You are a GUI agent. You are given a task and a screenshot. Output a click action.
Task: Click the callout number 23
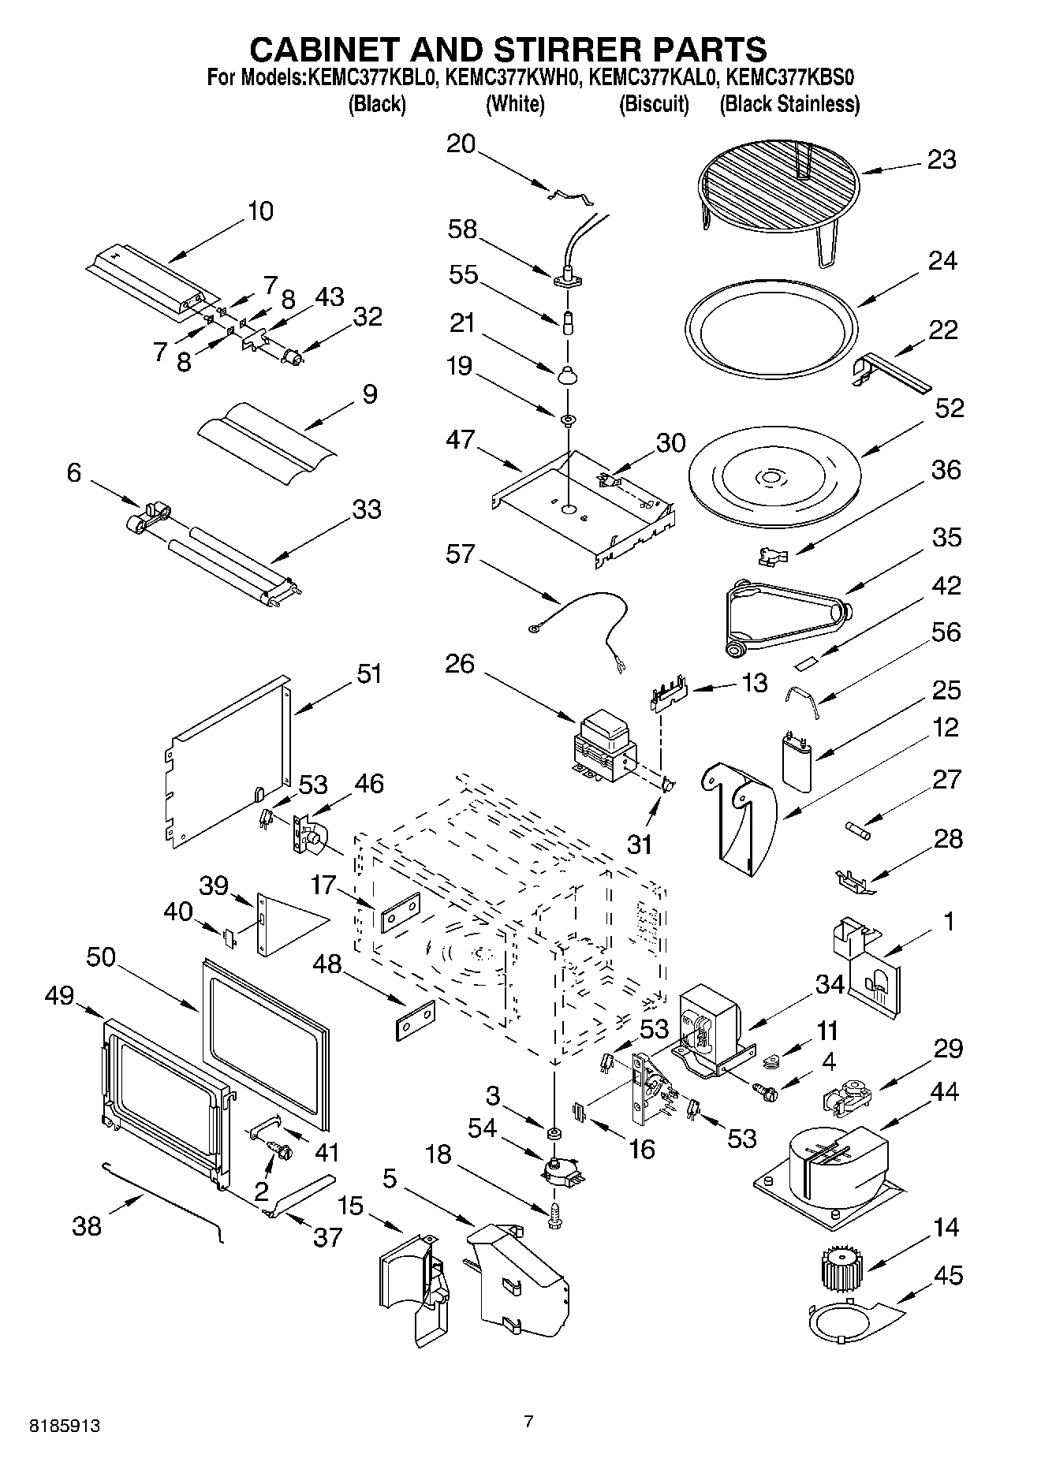point(942,160)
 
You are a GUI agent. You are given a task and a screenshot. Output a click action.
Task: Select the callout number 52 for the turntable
point(950,408)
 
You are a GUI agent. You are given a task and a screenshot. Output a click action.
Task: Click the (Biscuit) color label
point(654,104)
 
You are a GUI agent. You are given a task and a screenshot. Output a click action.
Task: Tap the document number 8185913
point(65,1426)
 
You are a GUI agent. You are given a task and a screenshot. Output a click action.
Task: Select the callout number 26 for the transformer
point(460,664)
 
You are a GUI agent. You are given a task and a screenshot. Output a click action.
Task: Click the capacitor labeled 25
point(797,760)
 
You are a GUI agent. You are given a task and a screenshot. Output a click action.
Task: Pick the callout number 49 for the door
point(58,996)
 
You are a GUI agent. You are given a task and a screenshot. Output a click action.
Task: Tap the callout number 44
point(944,1091)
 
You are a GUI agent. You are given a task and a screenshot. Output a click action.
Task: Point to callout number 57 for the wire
point(460,554)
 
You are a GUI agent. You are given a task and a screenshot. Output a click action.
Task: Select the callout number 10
point(260,211)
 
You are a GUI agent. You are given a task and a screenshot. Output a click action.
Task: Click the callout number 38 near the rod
point(87,1226)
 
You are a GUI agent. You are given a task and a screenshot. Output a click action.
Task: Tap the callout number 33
point(367,509)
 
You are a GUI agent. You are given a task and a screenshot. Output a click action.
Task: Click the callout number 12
point(944,727)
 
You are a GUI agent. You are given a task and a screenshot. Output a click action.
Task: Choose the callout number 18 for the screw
point(438,1154)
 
